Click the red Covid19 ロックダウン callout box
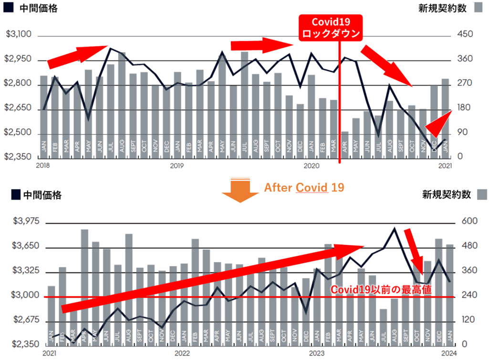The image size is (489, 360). click(x=331, y=28)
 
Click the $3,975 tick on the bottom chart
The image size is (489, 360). click(x=26, y=222)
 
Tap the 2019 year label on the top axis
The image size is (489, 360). click(x=177, y=166)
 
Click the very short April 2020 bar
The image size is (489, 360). click(x=345, y=144)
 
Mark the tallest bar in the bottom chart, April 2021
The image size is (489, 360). click(x=84, y=286)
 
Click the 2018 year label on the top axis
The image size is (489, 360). click(x=43, y=166)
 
